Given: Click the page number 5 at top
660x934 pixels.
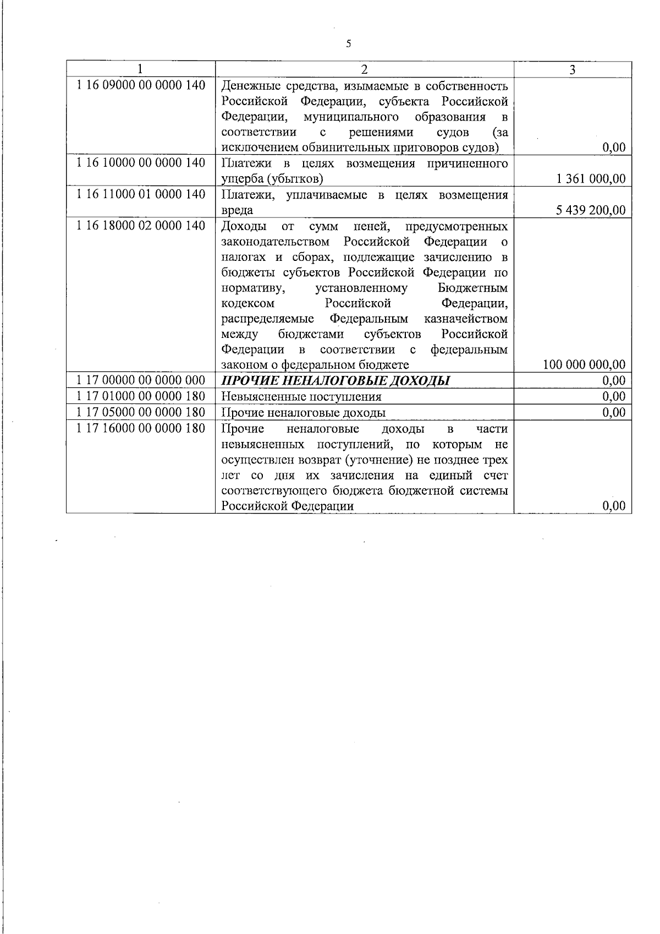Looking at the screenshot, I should [x=348, y=44].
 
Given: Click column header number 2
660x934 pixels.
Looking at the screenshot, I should [x=364, y=69].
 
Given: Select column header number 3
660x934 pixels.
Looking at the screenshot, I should [x=573, y=69].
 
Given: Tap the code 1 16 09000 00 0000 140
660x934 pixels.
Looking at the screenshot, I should [x=141, y=85].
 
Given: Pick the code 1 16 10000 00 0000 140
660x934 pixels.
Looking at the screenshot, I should [x=141, y=163].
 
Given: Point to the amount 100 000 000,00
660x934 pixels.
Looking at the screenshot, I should [x=584, y=364].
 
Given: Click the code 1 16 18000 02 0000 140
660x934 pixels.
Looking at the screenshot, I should [x=141, y=226].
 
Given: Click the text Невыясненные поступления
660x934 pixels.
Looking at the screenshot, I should [x=301, y=397].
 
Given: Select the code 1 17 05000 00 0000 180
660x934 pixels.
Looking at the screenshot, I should [x=141, y=412].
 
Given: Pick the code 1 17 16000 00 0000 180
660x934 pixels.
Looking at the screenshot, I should [x=141, y=428].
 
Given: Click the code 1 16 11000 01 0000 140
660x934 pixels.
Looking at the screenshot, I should [x=141, y=194].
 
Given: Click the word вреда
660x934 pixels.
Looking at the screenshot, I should [x=237, y=210].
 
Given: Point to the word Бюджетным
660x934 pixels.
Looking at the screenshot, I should [x=472, y=288].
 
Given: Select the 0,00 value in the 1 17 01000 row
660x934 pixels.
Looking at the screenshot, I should [x=614, y=396].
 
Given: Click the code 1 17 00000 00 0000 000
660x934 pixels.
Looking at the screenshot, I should [x=141, y=380].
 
